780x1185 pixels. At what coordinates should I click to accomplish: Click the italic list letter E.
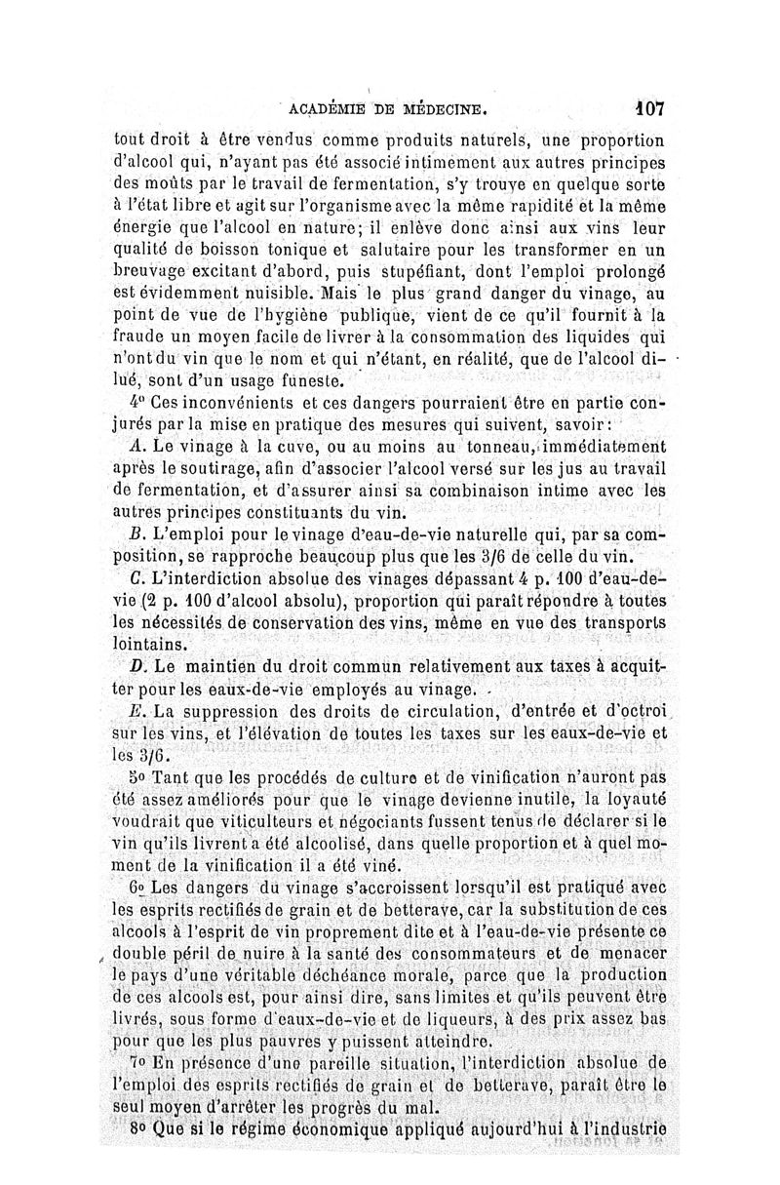click(136, 713)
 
